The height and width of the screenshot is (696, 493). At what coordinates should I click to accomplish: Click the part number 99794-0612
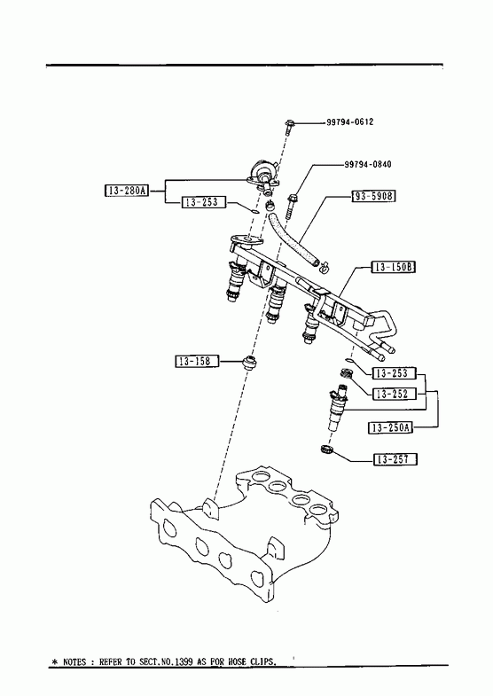point(349,121)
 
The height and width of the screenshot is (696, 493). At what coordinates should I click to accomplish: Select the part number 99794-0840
point(368,164)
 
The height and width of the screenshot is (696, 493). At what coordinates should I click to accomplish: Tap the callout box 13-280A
point(127,191)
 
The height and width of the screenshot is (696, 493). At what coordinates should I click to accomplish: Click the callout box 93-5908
point(373,196)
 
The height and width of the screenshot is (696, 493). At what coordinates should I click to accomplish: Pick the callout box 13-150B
point(393,267)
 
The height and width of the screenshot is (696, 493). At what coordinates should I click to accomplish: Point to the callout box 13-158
point(197,362)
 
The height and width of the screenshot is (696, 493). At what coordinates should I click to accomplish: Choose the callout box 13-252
point(395,394)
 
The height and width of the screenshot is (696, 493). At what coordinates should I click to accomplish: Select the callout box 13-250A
point(390,427)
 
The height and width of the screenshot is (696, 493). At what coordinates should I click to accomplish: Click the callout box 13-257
point(395,459)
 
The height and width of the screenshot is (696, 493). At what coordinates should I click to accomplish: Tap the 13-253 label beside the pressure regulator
point(203,202)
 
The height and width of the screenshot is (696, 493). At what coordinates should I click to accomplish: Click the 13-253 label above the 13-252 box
point(395,373)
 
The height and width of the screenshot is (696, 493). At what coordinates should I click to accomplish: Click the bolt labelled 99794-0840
point(291,206)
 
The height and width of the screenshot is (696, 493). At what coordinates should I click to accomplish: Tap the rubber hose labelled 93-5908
point(292,239)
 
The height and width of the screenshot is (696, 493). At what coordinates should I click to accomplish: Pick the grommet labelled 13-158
point(250,362)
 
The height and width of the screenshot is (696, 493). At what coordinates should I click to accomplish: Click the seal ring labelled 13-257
point(326,450)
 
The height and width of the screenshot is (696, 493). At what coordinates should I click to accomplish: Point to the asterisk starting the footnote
point(55,661)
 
